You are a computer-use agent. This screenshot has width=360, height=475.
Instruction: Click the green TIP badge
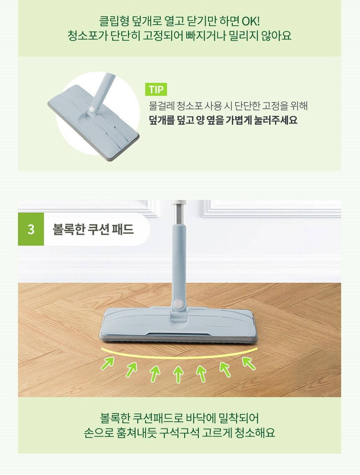156,90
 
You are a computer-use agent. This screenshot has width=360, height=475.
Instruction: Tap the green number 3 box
31,229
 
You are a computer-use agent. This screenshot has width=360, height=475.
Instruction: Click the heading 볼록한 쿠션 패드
93,229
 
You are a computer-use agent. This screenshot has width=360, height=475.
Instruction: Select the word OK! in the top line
251,21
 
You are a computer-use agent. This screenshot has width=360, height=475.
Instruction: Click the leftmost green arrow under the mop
108,363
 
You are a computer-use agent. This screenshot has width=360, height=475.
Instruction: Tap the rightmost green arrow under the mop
249,363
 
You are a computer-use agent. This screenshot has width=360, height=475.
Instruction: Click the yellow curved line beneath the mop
179,357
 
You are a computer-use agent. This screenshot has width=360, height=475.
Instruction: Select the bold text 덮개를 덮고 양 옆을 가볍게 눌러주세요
224,120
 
